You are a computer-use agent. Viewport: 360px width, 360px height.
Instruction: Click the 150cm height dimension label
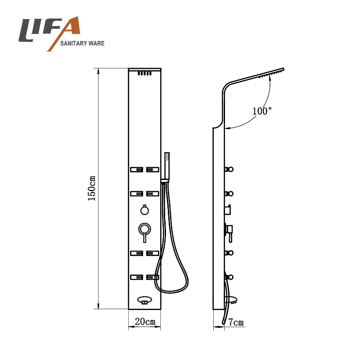92,189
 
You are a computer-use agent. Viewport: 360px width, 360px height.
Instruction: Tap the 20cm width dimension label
145,321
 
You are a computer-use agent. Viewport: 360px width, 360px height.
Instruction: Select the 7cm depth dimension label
236,322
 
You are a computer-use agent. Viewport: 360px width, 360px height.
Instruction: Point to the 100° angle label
262,111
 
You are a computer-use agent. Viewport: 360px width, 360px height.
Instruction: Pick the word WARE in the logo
97,43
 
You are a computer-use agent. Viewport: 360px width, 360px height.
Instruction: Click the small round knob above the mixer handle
144,210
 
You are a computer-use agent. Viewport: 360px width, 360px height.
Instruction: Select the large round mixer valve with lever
144,231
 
